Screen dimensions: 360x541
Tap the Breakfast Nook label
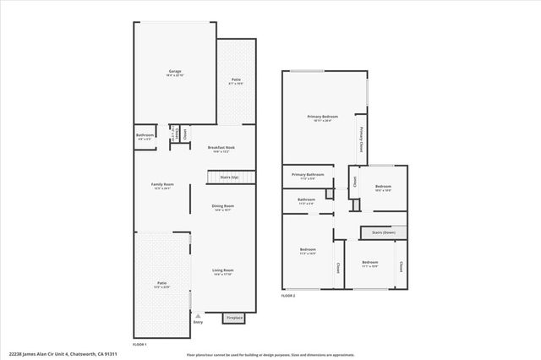pos(221,149)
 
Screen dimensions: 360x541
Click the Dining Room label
pos(222,207)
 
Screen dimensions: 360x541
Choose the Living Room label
pos(222,272)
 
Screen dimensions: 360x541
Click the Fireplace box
pos(233,318)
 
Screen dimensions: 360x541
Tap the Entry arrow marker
pos(198,315)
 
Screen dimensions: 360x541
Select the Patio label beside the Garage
pos(236,81)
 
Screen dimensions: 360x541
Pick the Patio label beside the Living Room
pos(161,285)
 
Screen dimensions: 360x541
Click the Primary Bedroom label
pos(323,117)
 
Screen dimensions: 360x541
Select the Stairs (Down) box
pos(378,232)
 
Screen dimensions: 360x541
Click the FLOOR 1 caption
pos(140,345)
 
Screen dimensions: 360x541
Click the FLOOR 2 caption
pos(288,296)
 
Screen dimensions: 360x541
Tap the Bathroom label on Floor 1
pos(145,136)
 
